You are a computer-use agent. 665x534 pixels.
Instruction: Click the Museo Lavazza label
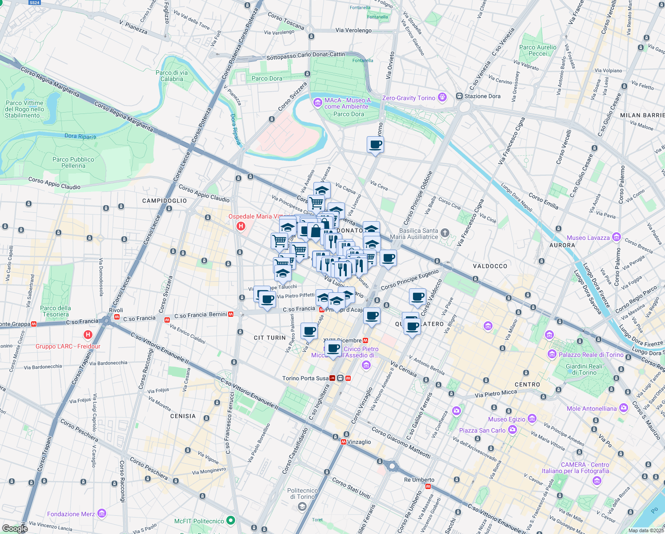[588, 238]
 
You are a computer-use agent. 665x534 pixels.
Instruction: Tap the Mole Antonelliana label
[592, 409]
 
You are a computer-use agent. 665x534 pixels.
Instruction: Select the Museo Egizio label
[507, 419]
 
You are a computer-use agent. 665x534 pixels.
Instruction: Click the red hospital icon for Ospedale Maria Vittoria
[241, 226]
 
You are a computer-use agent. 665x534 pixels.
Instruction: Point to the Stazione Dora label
[482, 96]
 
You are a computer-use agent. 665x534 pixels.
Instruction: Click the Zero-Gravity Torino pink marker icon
[442, 97]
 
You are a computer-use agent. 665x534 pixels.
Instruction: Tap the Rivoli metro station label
[116, 310]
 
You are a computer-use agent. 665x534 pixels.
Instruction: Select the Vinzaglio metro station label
[359, 442]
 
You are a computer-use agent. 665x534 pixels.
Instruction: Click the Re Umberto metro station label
[419, 480]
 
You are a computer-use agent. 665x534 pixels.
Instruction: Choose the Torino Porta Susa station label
[305, 378]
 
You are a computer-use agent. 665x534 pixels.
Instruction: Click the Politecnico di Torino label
[303, 494]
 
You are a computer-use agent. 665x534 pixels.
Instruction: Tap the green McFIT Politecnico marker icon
[230, 520]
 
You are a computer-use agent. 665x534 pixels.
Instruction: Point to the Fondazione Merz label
[71, 514]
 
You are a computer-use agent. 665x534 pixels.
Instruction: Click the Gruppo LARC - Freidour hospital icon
[88, 335]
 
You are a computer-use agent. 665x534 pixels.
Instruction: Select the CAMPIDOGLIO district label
[164, 201]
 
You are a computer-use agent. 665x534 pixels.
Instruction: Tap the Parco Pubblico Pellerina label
[73, 162]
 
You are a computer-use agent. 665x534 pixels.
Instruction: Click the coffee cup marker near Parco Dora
[375, 145]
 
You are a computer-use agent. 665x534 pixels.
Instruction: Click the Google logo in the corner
[15, 528]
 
